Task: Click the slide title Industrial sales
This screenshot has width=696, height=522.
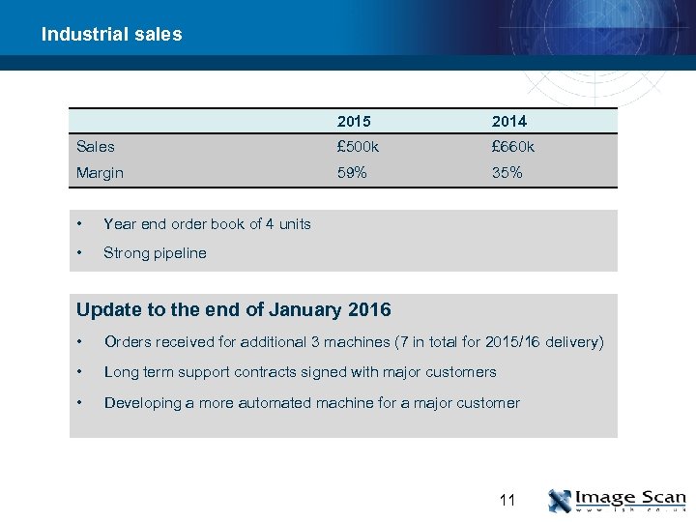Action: point(111,35)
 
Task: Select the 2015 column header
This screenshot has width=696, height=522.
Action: point(354,121)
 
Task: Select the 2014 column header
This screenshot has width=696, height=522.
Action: point(508,121)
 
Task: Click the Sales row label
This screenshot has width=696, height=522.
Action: point(95,147)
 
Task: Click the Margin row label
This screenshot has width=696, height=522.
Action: point(100,173)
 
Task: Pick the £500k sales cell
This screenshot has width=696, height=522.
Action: point(358,147)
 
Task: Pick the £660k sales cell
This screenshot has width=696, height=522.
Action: point(512,147)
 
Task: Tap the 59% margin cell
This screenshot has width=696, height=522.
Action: point(352,173)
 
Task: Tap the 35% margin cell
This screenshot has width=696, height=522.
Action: point(507,173)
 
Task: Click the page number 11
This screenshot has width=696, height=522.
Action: point(507,501)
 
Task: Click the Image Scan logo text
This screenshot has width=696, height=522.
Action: point(629,497)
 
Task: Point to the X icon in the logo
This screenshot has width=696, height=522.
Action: point(560,501)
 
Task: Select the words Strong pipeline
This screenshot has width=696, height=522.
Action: point(155,253)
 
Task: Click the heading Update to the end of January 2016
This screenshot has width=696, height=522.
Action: point(233,310)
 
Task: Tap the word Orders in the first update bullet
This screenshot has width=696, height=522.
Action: point(126,342)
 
